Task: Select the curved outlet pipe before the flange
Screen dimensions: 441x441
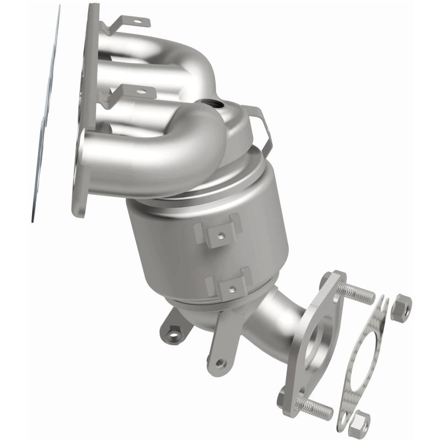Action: [x=270, y=325]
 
